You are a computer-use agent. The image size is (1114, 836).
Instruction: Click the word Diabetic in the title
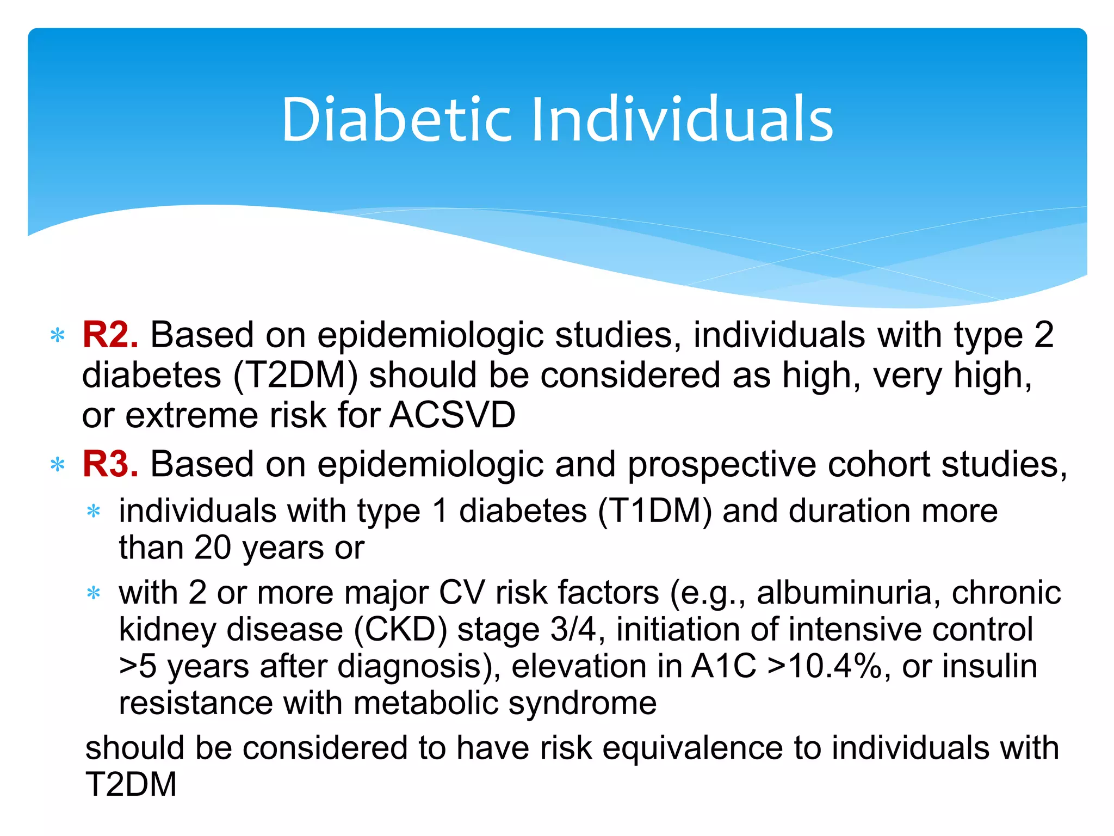point(396,119)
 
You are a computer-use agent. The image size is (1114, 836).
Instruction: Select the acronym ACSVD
point(452,415)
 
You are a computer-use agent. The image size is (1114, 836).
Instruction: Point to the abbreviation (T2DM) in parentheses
point(295,376)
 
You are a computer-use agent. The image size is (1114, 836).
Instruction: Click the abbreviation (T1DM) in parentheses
point(654,512)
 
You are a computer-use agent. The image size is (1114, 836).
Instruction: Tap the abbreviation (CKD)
point(400,630)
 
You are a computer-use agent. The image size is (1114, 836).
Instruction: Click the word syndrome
point(583,703)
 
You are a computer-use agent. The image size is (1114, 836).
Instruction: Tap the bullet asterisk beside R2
point(57,336)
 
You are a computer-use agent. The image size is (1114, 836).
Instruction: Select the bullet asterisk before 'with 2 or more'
point(94,593)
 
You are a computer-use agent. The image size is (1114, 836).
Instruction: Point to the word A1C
point(724,666)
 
